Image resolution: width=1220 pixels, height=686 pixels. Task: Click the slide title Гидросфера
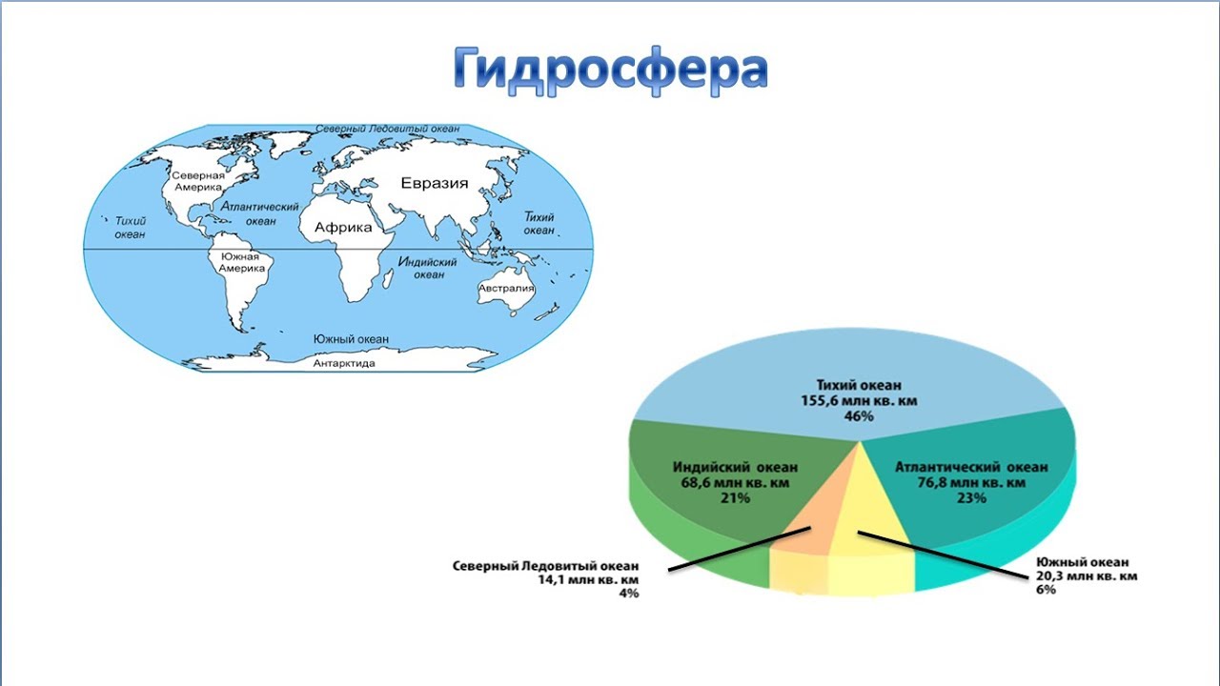click(610, 67)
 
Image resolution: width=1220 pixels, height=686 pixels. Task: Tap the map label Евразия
click(434, 184)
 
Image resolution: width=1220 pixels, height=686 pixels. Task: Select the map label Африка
click(343, 228)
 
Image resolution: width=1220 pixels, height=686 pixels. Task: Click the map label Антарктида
click(344, 363)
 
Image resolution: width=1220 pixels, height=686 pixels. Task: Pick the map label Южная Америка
click(241, 263)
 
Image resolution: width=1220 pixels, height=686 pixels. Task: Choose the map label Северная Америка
click(197, 182)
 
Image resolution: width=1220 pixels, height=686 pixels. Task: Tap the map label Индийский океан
click(427, 268)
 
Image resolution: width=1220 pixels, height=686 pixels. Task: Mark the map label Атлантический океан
click(260, 213)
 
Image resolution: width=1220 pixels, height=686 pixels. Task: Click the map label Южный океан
click(351, 339)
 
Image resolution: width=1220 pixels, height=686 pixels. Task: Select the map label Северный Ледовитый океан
click(388, 128)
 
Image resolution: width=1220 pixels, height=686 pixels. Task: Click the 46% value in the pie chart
click(858, 417)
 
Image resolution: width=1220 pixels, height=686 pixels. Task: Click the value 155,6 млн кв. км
click(858, 401)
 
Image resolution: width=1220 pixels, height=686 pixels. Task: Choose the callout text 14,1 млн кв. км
click(589, 579)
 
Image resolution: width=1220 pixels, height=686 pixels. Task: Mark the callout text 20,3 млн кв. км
click(1087, 575)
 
